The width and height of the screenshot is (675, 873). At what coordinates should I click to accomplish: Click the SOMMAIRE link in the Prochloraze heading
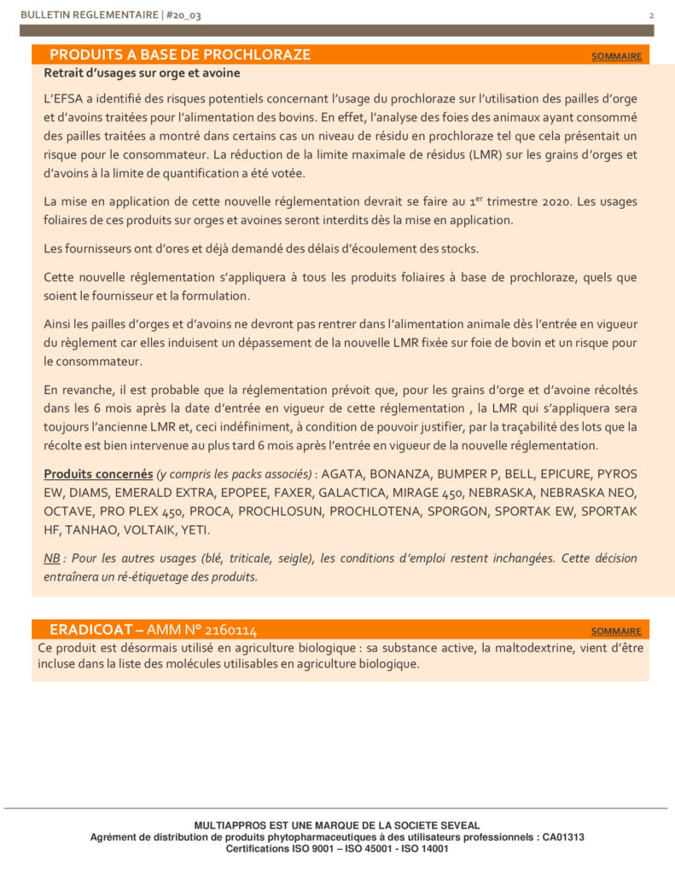616,56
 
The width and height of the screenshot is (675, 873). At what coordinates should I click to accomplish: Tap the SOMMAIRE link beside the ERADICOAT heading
616,631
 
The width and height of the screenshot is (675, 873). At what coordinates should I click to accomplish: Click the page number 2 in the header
651,15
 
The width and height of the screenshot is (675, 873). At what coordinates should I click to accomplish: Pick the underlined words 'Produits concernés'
98,474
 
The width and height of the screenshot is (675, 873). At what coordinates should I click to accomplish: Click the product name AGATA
340,474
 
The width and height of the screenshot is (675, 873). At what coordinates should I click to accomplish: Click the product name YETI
198,530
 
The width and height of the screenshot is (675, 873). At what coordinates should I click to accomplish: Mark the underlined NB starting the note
51,558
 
